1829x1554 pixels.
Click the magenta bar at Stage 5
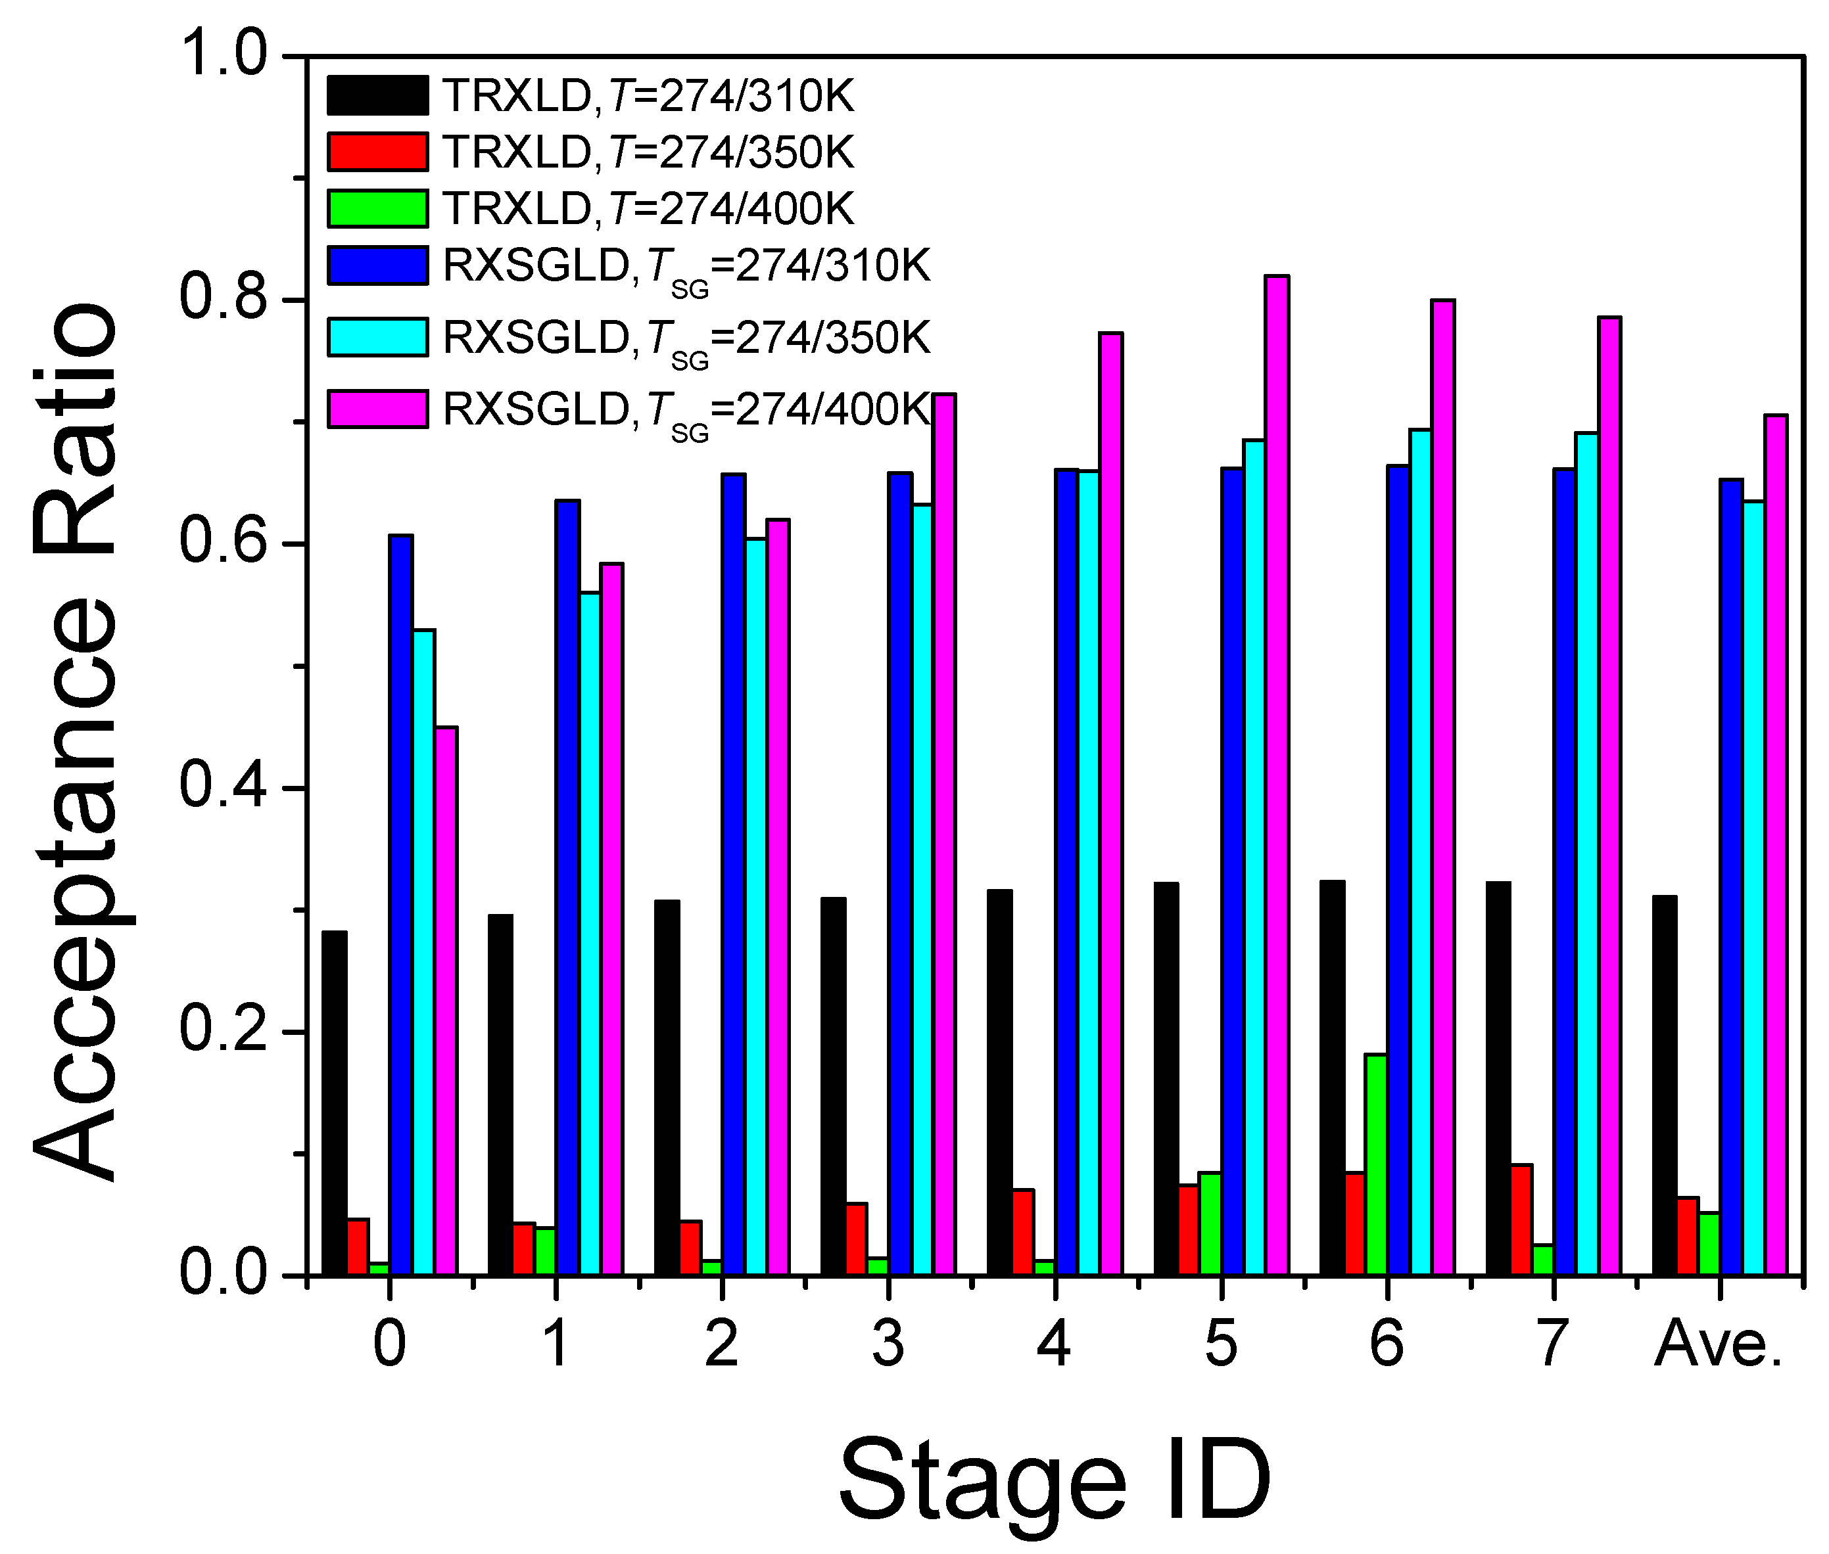click(1276, 775)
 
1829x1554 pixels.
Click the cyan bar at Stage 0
click(424, 952)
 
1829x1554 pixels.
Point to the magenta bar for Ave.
click(1775, 845)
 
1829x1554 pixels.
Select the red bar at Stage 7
click(1521, 1220)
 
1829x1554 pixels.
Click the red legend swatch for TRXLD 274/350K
click(377, 152)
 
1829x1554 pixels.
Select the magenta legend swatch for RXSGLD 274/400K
click(377, 409)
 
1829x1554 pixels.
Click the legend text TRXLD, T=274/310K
click(648, 96)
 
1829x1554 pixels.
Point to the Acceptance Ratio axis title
click(75, 740)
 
